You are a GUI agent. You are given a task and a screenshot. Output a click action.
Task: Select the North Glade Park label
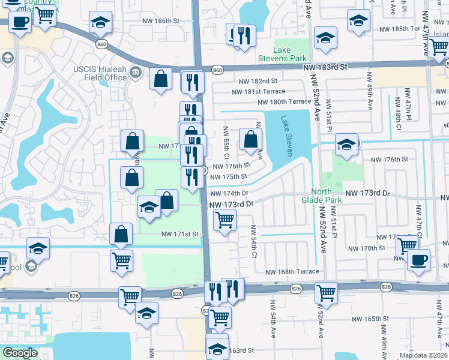330,196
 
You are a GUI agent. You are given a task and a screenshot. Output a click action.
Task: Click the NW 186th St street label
160,21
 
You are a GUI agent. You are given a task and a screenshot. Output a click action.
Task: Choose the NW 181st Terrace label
262,91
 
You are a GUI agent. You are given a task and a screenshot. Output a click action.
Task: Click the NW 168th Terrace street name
298,272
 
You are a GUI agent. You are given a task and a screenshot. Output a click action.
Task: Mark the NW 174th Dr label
229,193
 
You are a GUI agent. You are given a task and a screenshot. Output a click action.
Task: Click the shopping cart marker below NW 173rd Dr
224,219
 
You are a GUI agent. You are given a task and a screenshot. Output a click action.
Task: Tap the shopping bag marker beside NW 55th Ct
250,139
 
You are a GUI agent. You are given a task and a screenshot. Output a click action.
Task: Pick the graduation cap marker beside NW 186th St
100,23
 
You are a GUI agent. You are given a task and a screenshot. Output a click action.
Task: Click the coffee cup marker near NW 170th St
418,260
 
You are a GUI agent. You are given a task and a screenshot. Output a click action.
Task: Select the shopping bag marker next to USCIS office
160,79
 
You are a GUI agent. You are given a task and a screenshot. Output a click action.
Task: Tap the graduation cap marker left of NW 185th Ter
358,20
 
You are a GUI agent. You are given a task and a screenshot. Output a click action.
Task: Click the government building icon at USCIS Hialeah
136,73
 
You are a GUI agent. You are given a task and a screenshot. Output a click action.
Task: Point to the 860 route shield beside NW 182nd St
217,70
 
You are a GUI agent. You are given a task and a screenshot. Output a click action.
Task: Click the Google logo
20,353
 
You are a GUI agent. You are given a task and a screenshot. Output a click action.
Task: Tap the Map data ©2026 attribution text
423,355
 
